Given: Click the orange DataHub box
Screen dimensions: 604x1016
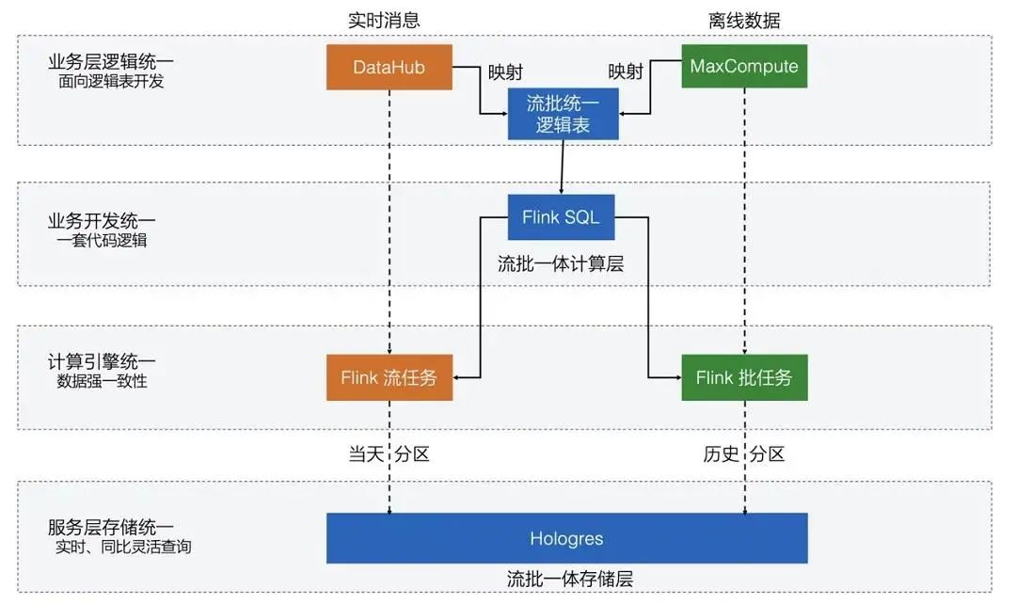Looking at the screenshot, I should (389, 67).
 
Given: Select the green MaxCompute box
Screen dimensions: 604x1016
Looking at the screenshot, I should (744, 67).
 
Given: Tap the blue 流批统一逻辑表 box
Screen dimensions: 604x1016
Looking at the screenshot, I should (563, 114).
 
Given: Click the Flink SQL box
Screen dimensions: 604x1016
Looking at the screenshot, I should (562, 218).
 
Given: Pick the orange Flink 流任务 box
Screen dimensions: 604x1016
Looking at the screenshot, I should (389, 378).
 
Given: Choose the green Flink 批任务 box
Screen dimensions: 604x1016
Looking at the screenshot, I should (744, 378).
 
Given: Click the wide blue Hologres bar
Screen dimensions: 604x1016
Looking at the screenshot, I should (566, 539).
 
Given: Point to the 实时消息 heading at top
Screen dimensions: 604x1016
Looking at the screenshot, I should (384, 20).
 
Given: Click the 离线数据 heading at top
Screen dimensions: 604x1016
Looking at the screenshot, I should (744, 20).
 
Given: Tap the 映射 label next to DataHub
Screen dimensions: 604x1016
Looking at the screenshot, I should (505, 72).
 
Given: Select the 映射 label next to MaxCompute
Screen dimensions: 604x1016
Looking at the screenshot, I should (626, 72).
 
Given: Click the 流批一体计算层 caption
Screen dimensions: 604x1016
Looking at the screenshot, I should (561, 264).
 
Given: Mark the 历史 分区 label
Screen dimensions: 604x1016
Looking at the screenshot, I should (744, 454).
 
